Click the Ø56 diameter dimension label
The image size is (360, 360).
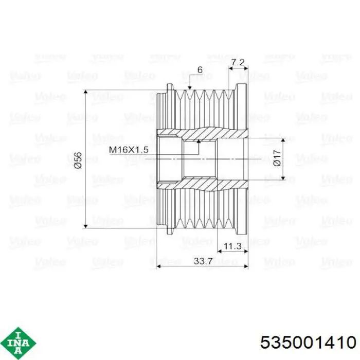point(78,160)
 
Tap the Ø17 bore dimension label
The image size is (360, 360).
point(277,158)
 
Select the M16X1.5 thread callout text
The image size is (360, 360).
point(129,150)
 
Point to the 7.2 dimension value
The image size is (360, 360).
point(238,62)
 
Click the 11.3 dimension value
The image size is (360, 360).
point(232,246)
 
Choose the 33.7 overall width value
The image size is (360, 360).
point(203,261)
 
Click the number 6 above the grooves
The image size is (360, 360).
point(200,70)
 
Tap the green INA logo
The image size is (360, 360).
point(19,343)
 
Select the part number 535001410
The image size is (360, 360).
point(309,343)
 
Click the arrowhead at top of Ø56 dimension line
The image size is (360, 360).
point(86,92)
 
